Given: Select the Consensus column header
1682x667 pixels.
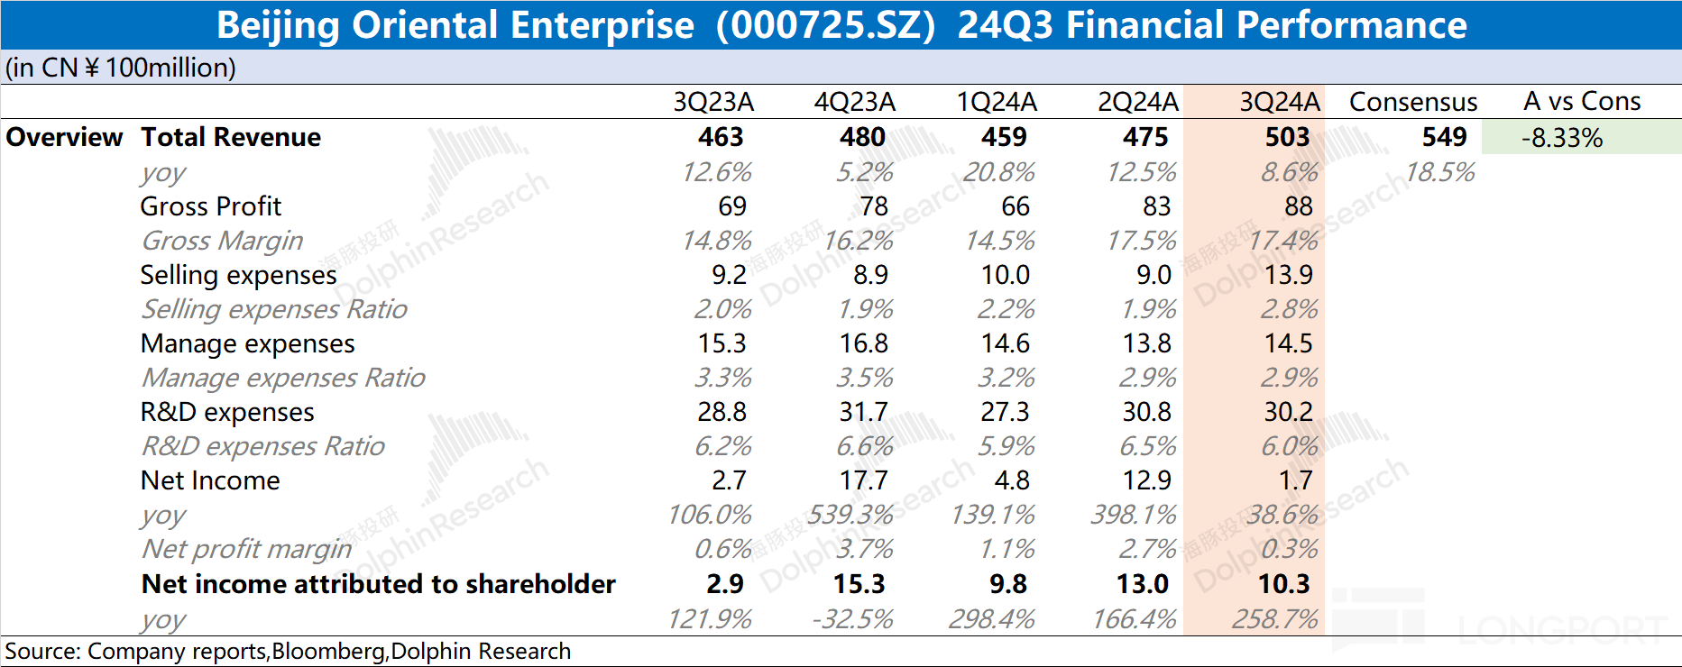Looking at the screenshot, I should pos(1412,102).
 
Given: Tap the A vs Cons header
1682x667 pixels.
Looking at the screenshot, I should pos(1582,101).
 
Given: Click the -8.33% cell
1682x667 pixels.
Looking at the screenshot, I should pos(1562,138).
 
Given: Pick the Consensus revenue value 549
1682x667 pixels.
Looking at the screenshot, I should pos(1444,137).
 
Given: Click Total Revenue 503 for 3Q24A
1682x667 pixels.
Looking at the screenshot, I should pos(1287,137).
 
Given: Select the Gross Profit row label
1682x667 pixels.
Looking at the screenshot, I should pos(210,206).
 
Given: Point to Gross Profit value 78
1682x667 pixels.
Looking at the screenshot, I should pos(873,206).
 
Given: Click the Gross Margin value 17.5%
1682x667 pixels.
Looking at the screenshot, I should pos(1142,241).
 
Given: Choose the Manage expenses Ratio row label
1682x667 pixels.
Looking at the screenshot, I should pos(282,378).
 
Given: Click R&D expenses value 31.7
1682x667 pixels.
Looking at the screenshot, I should pos(863,412).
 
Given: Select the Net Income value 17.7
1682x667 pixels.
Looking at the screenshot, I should pos(863,480).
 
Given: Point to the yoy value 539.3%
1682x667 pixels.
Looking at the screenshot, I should pos(850,515).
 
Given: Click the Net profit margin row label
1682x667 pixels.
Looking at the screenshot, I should pos(246,549).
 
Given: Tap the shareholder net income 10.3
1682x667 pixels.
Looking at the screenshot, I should pos(1283,584).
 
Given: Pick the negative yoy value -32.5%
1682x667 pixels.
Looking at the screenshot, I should pos(851,619).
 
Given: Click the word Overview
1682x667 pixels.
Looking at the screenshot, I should pos(64,137).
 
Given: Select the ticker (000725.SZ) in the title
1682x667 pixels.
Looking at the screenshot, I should pos(825,25).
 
